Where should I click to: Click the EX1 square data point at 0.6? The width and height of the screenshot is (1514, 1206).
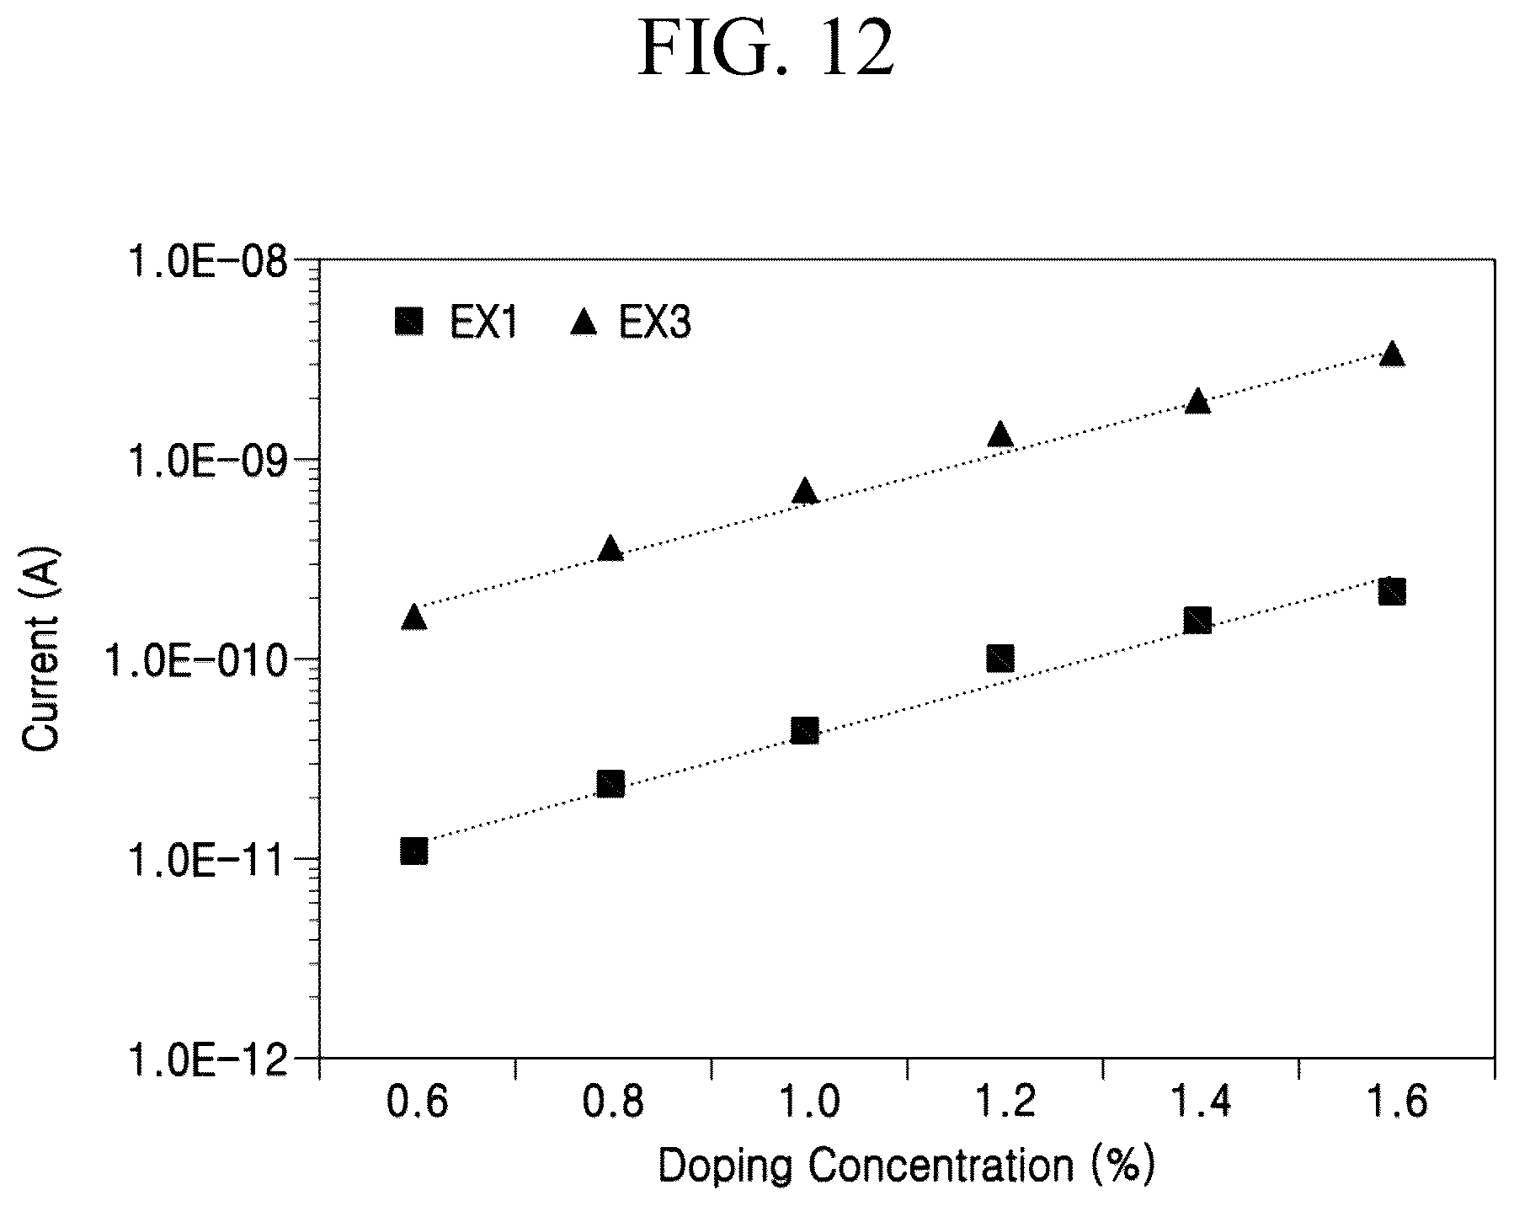point(413,851)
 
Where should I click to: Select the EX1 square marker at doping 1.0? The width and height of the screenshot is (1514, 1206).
point(805,730)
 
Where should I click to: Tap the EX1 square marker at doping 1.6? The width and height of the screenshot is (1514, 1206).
point(1392,592)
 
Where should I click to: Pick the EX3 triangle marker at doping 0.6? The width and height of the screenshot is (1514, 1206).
point(413,616)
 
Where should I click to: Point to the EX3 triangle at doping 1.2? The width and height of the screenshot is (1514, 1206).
point(1000,434)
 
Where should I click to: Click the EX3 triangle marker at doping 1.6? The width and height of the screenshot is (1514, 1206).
point(1392,354)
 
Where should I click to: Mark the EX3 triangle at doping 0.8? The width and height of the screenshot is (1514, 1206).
point(610,548)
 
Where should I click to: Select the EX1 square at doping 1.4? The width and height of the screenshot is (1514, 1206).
point(1197,622)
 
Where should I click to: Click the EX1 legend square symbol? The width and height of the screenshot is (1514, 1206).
point(409,321)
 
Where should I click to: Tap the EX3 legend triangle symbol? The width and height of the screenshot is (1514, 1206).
point(584,320)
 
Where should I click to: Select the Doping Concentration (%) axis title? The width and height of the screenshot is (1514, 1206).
point(905,1167)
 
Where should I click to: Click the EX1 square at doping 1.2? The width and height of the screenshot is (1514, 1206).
point(1000,658)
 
